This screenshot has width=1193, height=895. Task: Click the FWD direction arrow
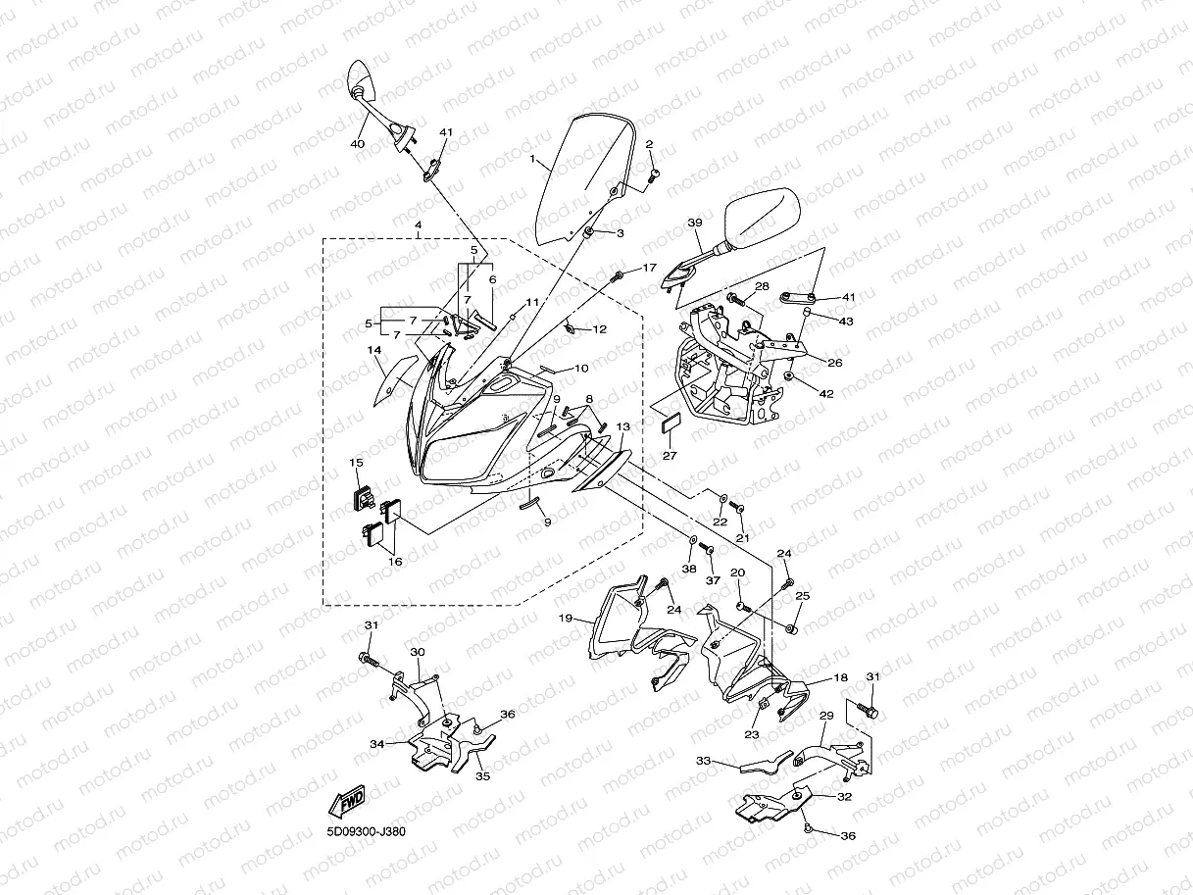tap(348, 802)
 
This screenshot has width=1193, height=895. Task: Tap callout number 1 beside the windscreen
tap(531, 159)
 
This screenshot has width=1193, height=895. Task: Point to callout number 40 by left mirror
tap(357, 144)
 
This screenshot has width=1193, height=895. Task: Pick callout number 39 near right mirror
tap(695, 224)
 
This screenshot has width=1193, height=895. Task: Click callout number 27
tap(670, 456)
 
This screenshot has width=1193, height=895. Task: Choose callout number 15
tap(356, 461)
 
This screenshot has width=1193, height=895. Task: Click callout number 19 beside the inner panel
tap(566, 619)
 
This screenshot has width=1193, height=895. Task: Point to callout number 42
tap(826, 394)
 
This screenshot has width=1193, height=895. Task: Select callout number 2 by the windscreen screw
tap(649, 144)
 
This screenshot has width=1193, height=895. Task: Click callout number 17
tap(649, 268)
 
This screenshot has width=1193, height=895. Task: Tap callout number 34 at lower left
tap(376, 744)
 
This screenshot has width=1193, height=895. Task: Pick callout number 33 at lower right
tap(702, 760)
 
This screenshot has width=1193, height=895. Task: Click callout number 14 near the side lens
tap(373, 350)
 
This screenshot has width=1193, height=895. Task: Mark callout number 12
tap(599, 329)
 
